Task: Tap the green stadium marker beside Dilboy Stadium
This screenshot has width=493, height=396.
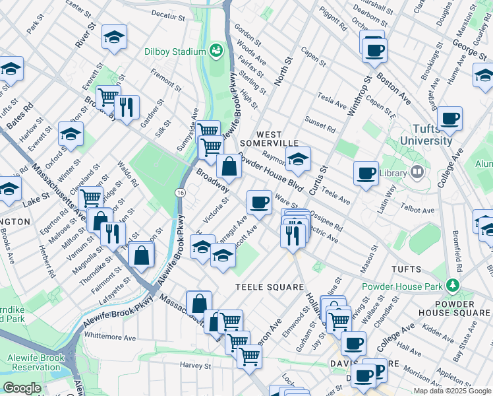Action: (216, 50)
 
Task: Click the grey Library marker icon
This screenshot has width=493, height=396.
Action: (416, 172)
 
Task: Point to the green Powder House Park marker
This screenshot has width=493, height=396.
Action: (452, 284)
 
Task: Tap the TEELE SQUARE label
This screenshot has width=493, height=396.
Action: (270, 287)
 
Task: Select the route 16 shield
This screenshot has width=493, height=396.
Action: (179, 192)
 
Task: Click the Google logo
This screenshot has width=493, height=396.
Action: (22, 388)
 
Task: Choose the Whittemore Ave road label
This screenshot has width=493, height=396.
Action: (109, 337)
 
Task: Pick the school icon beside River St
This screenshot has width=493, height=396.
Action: (114, 38)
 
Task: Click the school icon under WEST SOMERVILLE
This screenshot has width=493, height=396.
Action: (298, 158)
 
